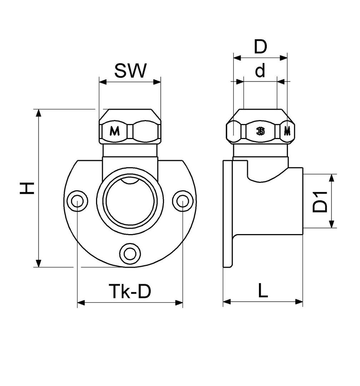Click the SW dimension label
point(130,71)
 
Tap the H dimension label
point(27,188)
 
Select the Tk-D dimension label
point(130,291)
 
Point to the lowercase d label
point(260,70)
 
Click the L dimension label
point(263,290)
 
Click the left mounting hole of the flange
point(77,201)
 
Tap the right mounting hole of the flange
point(182,201)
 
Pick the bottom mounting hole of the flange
point(130,253)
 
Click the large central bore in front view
point(130,201)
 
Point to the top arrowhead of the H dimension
point(38,113)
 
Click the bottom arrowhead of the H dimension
point(38,263)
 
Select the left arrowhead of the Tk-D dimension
point(81,303)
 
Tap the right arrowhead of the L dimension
point(299,302)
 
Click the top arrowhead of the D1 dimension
point(331,178)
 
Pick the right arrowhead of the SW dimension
point(157,82)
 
